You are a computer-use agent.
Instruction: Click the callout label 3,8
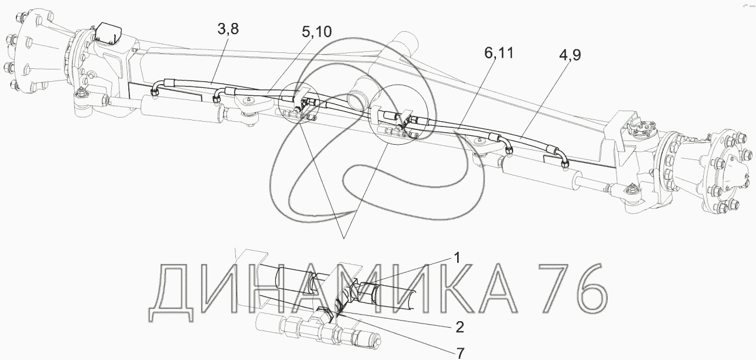[x=228, y=29]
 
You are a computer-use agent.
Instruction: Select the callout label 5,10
[x=317, y=32]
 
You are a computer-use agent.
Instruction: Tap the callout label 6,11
[x=499, y=54]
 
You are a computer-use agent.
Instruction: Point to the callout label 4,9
[x=570, y=55]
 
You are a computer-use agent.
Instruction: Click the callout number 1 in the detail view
[x=457, y=258]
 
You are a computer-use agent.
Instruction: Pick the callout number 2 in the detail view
[x=459, y=327]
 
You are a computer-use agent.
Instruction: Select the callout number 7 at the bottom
[x=460, y=354]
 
